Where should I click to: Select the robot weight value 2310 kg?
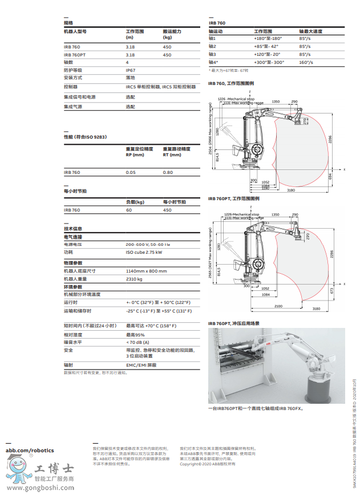coord(134,279)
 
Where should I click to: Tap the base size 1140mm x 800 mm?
coord(146,271)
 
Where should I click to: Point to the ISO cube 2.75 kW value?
coord(144,251)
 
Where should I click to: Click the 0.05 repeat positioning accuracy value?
coord(131,172)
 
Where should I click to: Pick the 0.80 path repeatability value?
coord(168,172)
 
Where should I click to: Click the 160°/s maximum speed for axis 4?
coord(307,62)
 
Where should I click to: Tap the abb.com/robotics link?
coord(30,451)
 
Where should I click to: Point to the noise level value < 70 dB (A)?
coord(139,342)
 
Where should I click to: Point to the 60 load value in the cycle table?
coord(129,210)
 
